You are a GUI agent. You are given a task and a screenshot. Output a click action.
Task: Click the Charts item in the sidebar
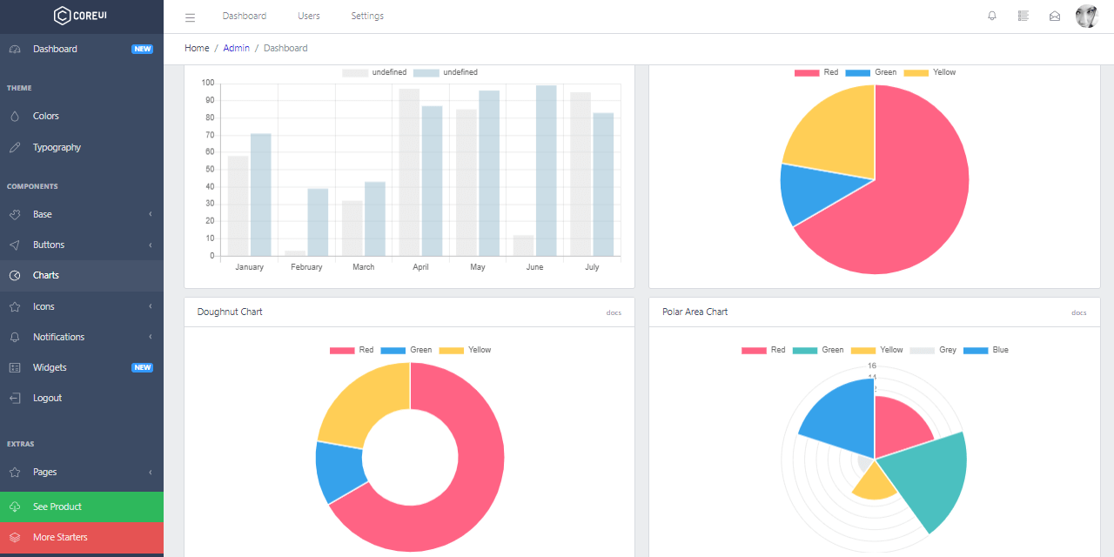point(46,275)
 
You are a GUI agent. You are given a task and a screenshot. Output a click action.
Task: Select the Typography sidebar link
point(57,147)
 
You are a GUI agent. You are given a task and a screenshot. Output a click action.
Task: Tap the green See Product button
point(57,507)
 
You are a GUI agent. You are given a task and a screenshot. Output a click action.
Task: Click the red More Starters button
point(60,537)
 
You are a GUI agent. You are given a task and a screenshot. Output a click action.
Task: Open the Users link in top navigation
point(309,16)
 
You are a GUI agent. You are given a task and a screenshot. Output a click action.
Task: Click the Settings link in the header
point(367,16)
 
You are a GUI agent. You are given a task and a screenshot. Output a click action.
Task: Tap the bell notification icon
point(992,16)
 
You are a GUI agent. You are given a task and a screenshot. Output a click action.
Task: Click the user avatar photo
point(1087,16)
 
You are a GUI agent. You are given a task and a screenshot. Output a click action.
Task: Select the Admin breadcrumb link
point(236,48)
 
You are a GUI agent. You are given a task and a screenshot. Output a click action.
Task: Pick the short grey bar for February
point(295,253)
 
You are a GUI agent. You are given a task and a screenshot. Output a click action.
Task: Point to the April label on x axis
point(420,267)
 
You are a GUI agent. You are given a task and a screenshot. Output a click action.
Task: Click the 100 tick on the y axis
point(208,83)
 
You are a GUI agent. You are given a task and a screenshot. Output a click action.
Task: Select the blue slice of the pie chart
point(799,193)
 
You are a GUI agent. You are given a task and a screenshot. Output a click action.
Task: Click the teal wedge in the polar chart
point(931,479)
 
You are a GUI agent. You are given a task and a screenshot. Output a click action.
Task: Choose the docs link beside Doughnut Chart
point(614,312)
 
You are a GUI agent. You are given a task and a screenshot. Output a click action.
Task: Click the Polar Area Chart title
point(695,312)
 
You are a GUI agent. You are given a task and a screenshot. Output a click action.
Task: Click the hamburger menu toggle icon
point(191,17)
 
